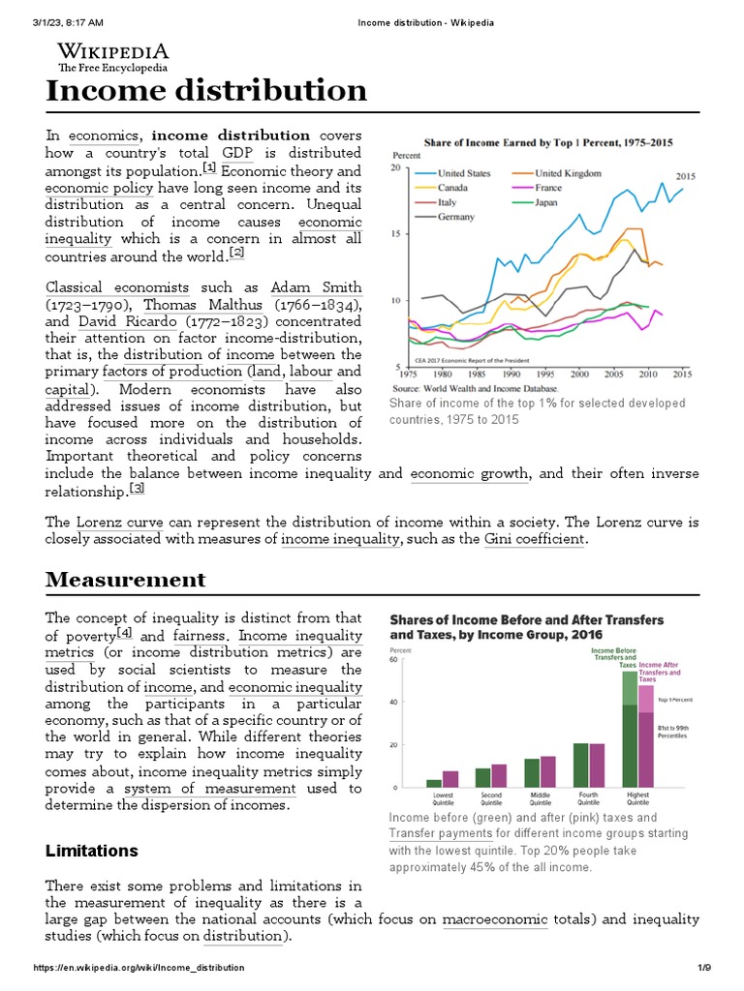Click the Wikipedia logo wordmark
(112, 51)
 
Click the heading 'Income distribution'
(206, 91)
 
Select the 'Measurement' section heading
(126, 580)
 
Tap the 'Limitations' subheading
(92, 851)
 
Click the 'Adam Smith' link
(316, 287)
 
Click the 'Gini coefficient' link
(534, 539)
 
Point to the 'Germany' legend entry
(456, 217)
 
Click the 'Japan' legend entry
(550, 202)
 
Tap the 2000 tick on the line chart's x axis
(579, 374)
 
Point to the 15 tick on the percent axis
(394, 234)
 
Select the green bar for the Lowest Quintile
(434, 782)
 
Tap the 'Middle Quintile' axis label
(540, 799)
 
